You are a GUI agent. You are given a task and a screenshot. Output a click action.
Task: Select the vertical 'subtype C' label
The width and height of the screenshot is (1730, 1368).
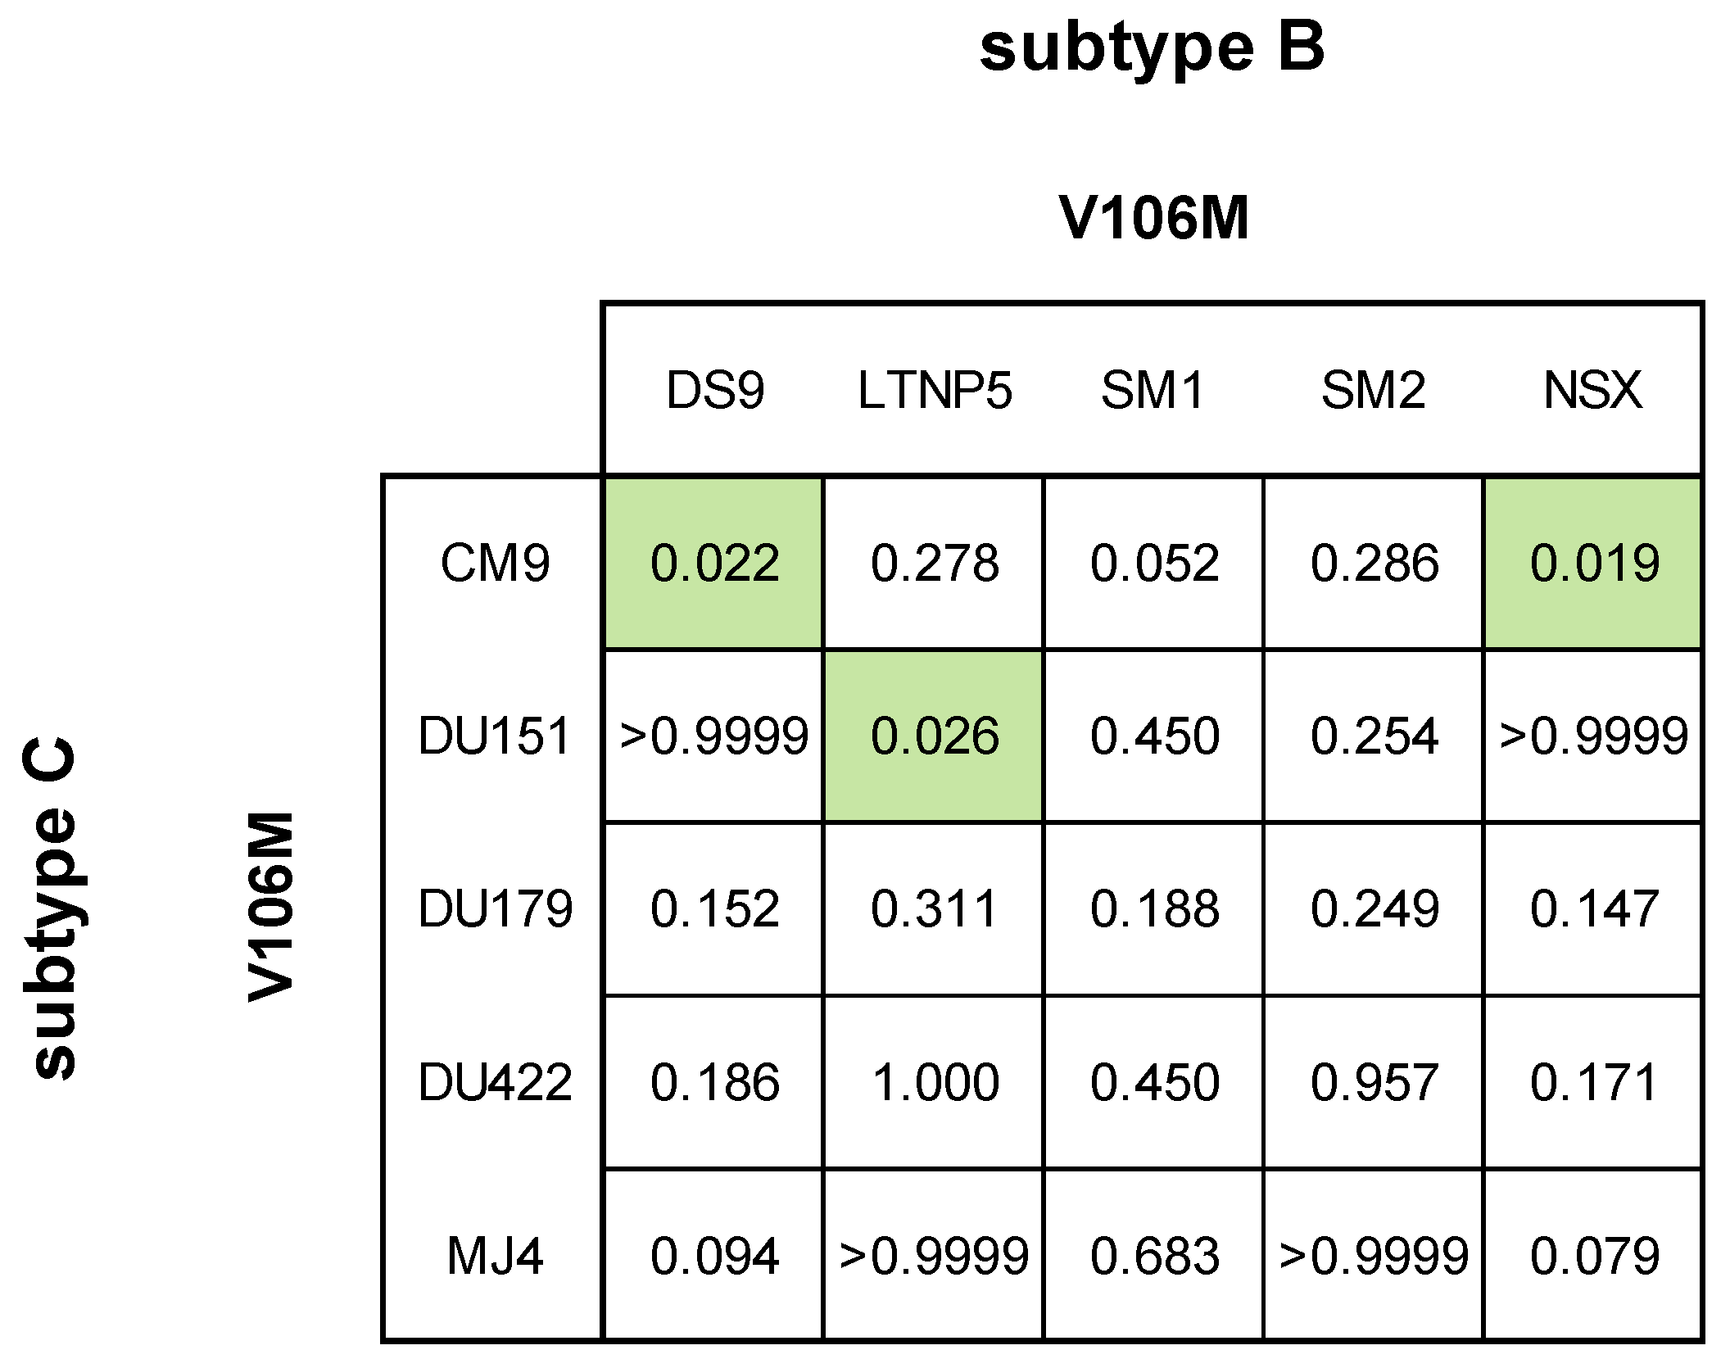[x=51, y=909]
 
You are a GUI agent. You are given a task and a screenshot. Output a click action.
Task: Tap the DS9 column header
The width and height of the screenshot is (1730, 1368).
[x=714, y=390]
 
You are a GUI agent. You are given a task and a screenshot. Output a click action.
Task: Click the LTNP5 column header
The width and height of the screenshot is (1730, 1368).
[x=935, y=390]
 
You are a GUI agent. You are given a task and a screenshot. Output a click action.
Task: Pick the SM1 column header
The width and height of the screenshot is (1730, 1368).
[x=1153, y=390]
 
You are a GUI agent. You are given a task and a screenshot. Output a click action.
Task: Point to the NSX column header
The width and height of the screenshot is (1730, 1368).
[x=1592, y=390]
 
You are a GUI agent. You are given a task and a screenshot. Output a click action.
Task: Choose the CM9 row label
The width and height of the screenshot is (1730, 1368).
[x=495, y=564]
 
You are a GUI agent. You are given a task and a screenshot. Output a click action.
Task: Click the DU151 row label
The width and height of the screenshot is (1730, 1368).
[x=495, y=736]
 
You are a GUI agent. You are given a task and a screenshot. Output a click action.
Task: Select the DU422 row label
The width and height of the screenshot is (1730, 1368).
[x=495, y=1082]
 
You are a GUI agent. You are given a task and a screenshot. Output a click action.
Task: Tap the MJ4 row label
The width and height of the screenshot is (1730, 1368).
[x=495, y=1256]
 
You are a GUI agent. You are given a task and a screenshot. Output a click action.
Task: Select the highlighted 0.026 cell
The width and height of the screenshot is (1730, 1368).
[x=935, y=736]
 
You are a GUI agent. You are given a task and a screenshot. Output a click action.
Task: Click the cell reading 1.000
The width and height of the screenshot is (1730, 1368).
[x=935, y=1082]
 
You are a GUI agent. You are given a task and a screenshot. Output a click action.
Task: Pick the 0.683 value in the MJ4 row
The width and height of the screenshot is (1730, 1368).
[x=1154, y=1256]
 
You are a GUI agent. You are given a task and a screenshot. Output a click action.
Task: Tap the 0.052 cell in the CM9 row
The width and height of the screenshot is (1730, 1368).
[x=1154, y=564]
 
